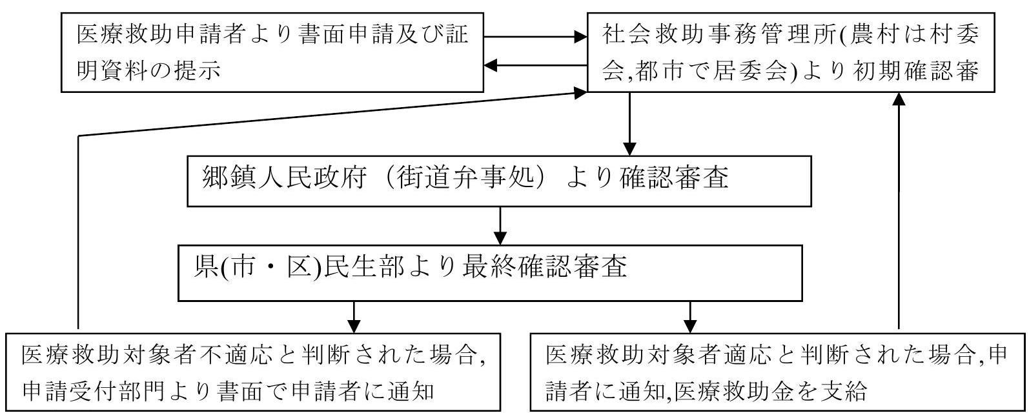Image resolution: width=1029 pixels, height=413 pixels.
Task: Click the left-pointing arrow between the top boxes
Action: tap(536, 65)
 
